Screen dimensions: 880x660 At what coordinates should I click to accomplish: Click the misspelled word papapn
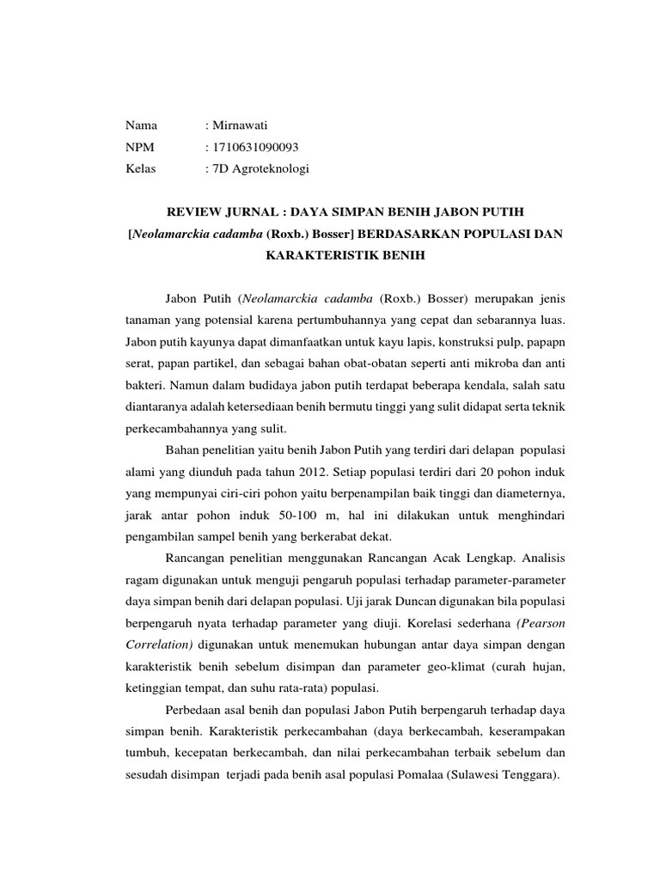547,342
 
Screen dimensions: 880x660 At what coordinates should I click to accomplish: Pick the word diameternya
531,495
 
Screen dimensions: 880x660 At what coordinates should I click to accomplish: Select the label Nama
141,126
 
